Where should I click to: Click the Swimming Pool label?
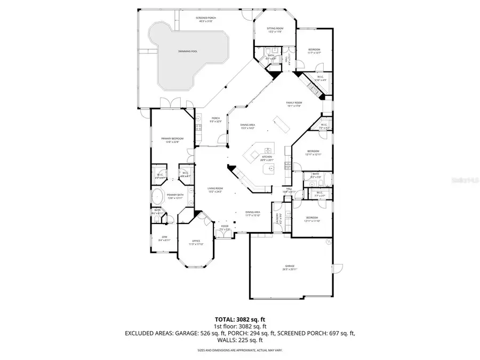[x=188, y=51]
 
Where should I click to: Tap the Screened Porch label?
[x=206, y=20]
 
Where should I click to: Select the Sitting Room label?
[x=275, y=30]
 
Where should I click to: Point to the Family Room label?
[x=294, y=105]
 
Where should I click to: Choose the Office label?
[x=196, y=243]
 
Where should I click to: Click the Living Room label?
[x=215, y=190]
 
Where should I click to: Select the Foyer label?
[x=225, y=228]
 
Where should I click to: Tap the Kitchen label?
[x=267, y=158]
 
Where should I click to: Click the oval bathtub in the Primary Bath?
[x=158, y=197]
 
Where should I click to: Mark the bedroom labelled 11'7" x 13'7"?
[x=314, y=51]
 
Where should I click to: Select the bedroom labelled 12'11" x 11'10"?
[x=312, y=219]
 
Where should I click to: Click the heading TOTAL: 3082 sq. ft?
[x=239, y=318]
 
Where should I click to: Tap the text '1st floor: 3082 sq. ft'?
[x=239, y=325]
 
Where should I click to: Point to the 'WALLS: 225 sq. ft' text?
[x=239, y=340]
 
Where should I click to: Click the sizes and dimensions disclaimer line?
[x=239, y=350]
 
